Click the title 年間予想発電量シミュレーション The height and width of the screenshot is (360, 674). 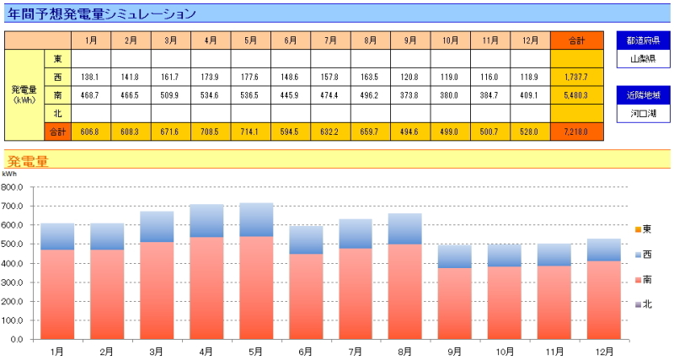pyautogui.click(x=103, y=13)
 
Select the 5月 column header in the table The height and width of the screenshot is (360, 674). pyautogui.click(x=250, y=40)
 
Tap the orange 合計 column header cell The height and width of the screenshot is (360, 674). pyautogui.click(x=576, y=40)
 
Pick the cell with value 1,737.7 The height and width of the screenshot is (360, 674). pyautogui.click(x=576, y=77)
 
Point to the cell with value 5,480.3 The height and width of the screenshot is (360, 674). pyautogui.click(x=576, y=95)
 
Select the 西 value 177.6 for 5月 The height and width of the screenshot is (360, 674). pyautogui.click(x=250, y=77)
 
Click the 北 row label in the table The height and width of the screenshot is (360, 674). pyautogui.click(x=57, y=113)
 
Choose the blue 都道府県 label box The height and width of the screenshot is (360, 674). pyautogui.click(x=643, y=40)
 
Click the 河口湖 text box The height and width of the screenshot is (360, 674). pyautogui.click(x=643, y=112)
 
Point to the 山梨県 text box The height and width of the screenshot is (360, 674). pyautogui.click(x=643, y=59)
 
